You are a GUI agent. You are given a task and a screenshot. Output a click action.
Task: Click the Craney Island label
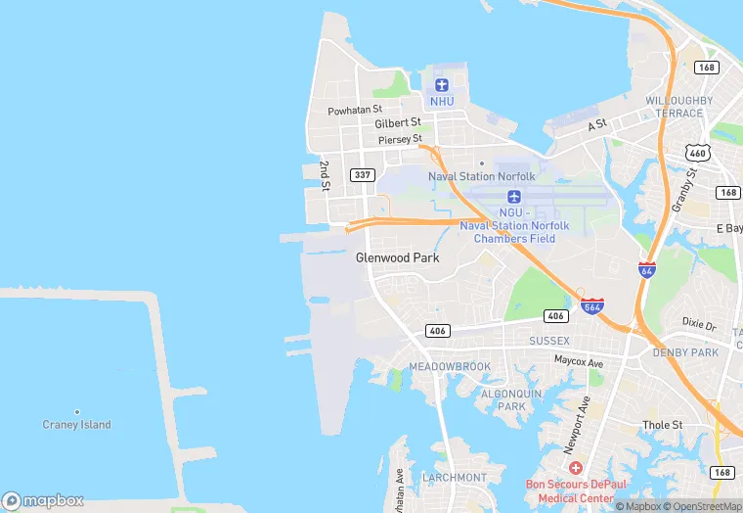coord(76,425)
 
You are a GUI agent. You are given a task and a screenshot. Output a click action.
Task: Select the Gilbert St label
coord(397,123)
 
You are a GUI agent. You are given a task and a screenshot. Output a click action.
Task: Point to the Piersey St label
coord(400,139)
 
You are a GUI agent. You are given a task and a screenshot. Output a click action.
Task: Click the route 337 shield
coord(363,175)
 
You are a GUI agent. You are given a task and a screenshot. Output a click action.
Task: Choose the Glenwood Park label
coord(397,257)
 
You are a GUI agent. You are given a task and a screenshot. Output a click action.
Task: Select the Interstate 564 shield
coord(590,306)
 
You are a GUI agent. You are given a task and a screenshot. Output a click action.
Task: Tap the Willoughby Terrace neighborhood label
coord(674,107)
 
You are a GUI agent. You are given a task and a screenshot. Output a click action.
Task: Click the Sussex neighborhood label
coord(548,341)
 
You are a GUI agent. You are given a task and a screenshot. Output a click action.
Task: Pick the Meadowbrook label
coord(449,366)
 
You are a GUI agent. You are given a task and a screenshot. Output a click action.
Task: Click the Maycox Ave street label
coord(579,362)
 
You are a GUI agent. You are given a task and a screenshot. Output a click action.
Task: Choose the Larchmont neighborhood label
coord(454,478)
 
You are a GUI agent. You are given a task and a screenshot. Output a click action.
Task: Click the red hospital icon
coord(576,468)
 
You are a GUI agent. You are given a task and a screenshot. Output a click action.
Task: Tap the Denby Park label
coord(685,352)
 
